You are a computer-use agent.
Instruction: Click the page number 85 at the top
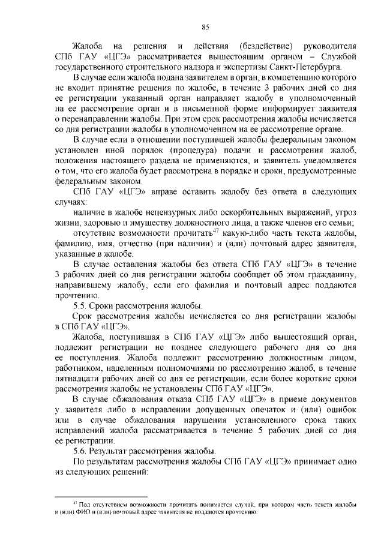205,26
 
